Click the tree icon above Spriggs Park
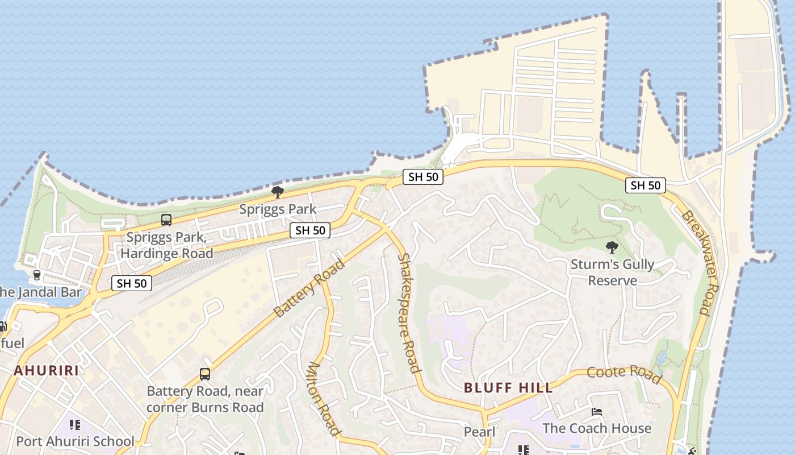(x=277, y=192)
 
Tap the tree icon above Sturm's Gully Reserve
(x=612, y=247)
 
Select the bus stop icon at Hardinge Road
(x=166, y=220)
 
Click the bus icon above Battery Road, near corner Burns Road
(x=205, y=374)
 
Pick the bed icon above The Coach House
(x=597, y=412)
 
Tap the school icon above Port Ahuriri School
(x=74, y=425)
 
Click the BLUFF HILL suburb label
(x=508, y=388)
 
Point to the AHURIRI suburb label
(x=47, y=371)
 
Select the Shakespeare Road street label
(x=409, y=313)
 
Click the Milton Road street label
(x=324, y=398)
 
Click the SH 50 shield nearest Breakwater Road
(x=646, y=185)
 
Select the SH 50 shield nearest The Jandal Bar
(x=132, y=283)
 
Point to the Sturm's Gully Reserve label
(x=612, y=272)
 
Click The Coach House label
(x=597, y=428)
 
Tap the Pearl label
(x=480, y=432)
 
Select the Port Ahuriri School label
(x=75, y=441)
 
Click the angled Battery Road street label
(x=309, y=288)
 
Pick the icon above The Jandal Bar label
(x=37, y=275)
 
